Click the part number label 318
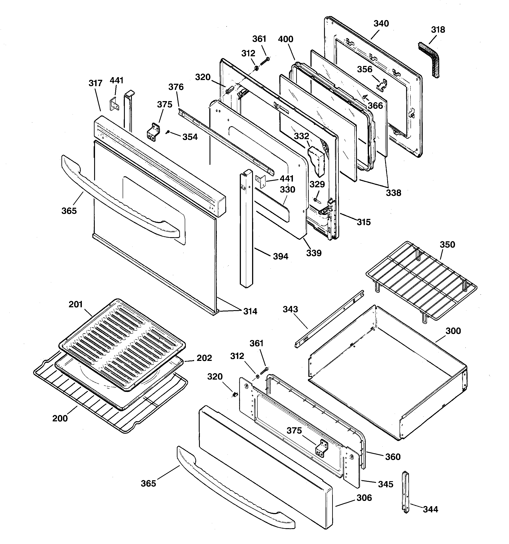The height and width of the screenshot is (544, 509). pos(438,29)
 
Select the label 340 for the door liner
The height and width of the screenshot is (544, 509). pos(381,24)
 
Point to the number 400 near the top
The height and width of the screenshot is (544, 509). pos(285,39)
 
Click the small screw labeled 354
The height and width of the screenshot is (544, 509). pos(168,132)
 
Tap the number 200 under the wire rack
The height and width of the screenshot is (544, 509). pos(60,418)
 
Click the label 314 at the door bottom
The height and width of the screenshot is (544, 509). pos(250,311)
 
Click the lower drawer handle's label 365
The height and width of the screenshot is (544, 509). pos(148,484)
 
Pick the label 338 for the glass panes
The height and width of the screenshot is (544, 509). pos(393,193)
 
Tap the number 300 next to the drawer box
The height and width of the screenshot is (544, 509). pos(453,331)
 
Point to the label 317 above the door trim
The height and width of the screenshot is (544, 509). pos(95,83)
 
